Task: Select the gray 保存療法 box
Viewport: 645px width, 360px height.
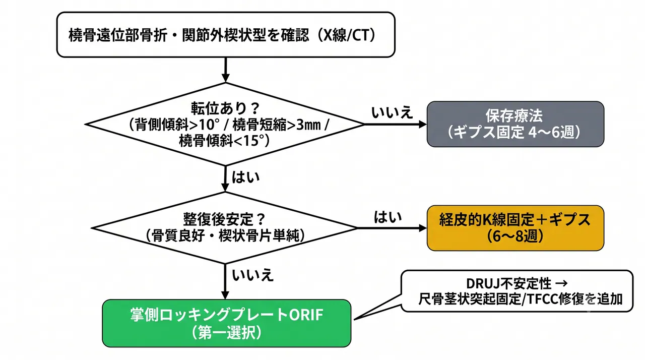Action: pyautogui.click(x=515, y=124)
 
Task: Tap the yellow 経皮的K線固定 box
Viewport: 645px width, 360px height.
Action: pyautogui.click(x=515, y=228)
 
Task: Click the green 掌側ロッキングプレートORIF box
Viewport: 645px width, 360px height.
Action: pyautogui.click(x=227, y=323)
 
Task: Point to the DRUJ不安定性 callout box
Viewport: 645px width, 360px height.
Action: pyautogui.click(x=517, y=291)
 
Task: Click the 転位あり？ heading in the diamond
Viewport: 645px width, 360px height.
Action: pyautogui.click(x=225, y=108)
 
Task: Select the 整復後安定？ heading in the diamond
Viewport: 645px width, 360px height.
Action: pyautogui.click(x=224, y=219)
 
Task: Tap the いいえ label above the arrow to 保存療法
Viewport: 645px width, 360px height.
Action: pyautogui.click(x=392, y=112)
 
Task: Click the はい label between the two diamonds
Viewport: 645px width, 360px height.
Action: pyautogui.click(x=245, y=177)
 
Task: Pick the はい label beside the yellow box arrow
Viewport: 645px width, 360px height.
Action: pyautogui.click(x=388, y=217)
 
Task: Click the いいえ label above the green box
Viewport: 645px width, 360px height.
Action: pyautogui.click(x=252, y=275)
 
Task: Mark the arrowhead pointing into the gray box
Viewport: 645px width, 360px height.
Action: pyautogui.click(x=423, y=124)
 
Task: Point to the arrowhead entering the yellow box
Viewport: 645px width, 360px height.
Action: pyautogui.click(x=423, y=228)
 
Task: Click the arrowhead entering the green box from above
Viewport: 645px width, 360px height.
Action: pyautogui.click(x=225, y=295)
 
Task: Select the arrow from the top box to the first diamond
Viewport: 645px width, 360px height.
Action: pyautogui.click(x=225, y=70)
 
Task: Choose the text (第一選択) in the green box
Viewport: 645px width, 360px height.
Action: pyautogui.click(x=227, y=333)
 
